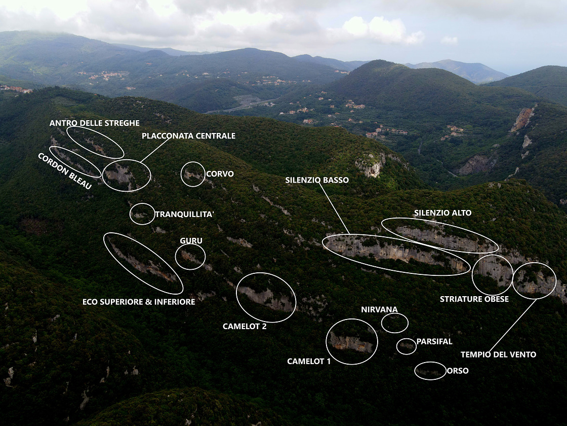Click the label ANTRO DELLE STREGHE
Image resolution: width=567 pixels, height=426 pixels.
(x=94, y=123)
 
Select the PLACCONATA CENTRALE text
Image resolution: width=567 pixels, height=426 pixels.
(x=188, y=136)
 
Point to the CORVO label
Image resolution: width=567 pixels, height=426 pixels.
(x=220, y=174)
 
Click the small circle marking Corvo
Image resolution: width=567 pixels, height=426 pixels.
(x=193, y=174)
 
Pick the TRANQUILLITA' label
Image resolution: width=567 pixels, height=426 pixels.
(x=184, y=215)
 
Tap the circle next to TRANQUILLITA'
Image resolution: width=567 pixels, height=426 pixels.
(x=142, y=214)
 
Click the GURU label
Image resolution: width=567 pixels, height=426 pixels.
(x=191, y=241)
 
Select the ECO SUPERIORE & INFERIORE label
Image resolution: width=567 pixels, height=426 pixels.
(x=139, y=302)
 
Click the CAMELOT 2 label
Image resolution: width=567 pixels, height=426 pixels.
(x=245, y=326)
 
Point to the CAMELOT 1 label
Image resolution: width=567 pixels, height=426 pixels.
(x=309, y=361)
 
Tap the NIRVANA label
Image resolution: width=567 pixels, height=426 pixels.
(x=379, y=309)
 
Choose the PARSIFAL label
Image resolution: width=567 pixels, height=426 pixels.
(x=434, y=341)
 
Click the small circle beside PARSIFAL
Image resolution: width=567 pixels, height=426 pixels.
(x=407, y=346)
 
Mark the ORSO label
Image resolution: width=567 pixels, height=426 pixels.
(x=458, y=371)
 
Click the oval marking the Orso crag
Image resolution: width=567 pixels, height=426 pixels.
(x=430, y=371)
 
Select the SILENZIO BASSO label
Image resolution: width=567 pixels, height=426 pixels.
(x=317, y=180)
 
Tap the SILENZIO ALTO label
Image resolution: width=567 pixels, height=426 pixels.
(x=442, y=213)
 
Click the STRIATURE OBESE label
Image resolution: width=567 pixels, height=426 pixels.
(x=474, y=299)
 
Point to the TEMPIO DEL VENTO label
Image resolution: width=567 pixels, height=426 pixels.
(x=498, y=354)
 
